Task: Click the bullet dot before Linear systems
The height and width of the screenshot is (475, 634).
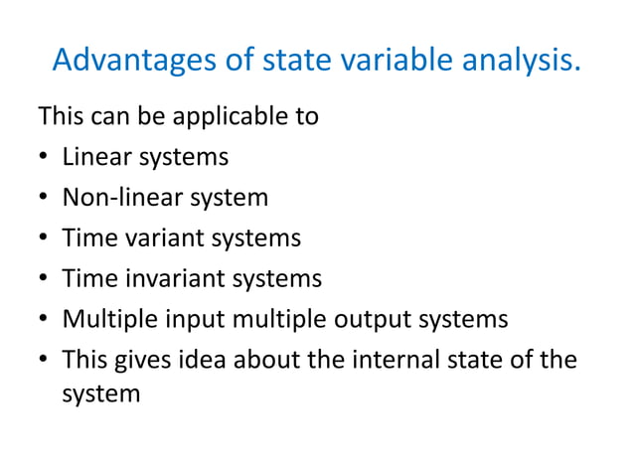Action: click(x=44, y=158)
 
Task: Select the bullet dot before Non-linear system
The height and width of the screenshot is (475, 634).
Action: click(x=44, y=198)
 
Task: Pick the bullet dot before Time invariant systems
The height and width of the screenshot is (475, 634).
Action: click(x=44, y=279)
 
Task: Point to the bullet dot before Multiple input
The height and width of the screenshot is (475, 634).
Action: click(x=44, y=320)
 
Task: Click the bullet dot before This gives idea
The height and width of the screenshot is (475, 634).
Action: click(x=44, y=361)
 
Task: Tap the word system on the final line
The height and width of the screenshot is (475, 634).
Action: click(x=100, y=395)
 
